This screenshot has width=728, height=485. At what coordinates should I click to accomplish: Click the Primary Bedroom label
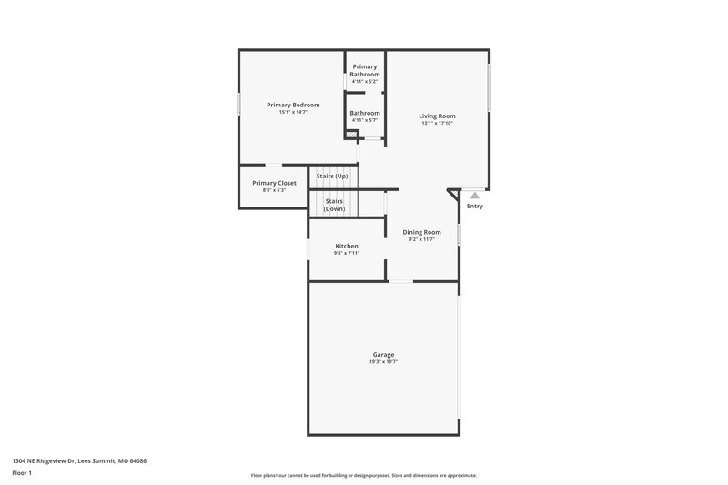tap(292, 105)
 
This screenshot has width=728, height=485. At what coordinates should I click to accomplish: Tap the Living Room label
tap(437, 116)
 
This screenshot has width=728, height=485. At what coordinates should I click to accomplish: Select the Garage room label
tap(383, 354)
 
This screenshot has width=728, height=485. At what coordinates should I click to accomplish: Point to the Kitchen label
tap(347, 246)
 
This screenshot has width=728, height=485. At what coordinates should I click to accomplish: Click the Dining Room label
tap(421, 232)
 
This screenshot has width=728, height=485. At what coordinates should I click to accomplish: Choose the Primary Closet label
tap(274, 183)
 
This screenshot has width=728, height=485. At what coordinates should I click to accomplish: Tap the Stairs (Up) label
tap(331, 176)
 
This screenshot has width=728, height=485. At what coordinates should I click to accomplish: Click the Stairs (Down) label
tap(334, 205)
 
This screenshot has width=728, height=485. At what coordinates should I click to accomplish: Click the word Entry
tap(474, 206)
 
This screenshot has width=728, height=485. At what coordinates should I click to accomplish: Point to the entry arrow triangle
tap(474, 194)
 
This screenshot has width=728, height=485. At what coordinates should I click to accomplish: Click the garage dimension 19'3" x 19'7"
tap(383, 362)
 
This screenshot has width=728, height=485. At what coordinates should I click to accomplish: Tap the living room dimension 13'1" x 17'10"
tap(437, 124)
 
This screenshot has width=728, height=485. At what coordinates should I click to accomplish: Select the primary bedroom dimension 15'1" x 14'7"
tap(292, 113)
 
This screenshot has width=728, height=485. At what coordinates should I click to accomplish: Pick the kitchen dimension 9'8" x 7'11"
tap(347, 253)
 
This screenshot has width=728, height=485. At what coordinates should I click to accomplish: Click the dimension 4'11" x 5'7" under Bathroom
tap(365, 120)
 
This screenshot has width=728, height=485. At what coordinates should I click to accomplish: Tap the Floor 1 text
tap(23, 474)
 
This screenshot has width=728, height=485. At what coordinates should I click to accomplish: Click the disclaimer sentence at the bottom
tap(364, 475)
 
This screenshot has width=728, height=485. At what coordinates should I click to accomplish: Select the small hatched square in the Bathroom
tap(350, 135)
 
